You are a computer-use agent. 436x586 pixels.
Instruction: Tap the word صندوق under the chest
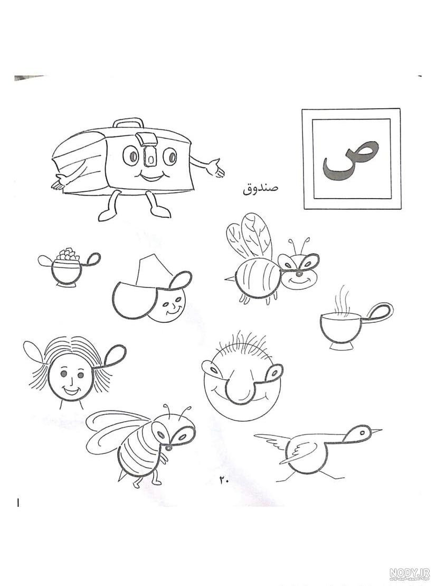pyautogui.click(x=261, y=189)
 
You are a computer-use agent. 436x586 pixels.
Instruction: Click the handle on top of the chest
pyautogui.click(x=129, y=125)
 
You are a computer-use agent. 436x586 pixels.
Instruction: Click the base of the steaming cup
pyautogui.click(x=341, y=346)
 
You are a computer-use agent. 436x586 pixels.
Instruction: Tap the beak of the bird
pyautogui.click(x=376, y=431)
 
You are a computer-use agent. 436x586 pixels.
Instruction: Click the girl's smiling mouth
pyautogui.click(x=72, y=391)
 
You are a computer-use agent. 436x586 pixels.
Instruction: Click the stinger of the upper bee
pyautogui.click(x=229, y=278)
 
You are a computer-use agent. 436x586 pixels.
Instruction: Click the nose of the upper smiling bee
pyautogui.click(x=299, y=274)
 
